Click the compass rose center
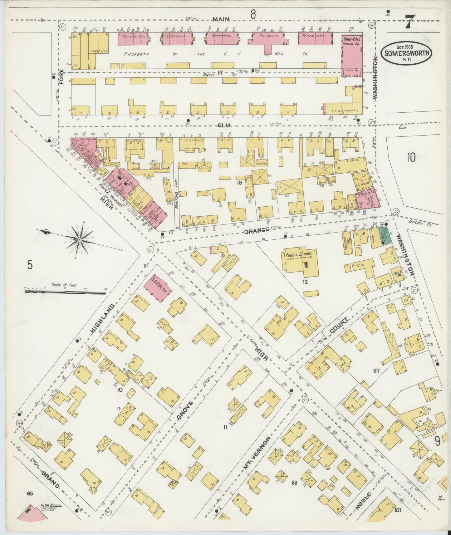click(79, 239)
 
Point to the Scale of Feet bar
click(66, 292)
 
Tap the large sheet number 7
click(409, 22)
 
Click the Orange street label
click(257, 231)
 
